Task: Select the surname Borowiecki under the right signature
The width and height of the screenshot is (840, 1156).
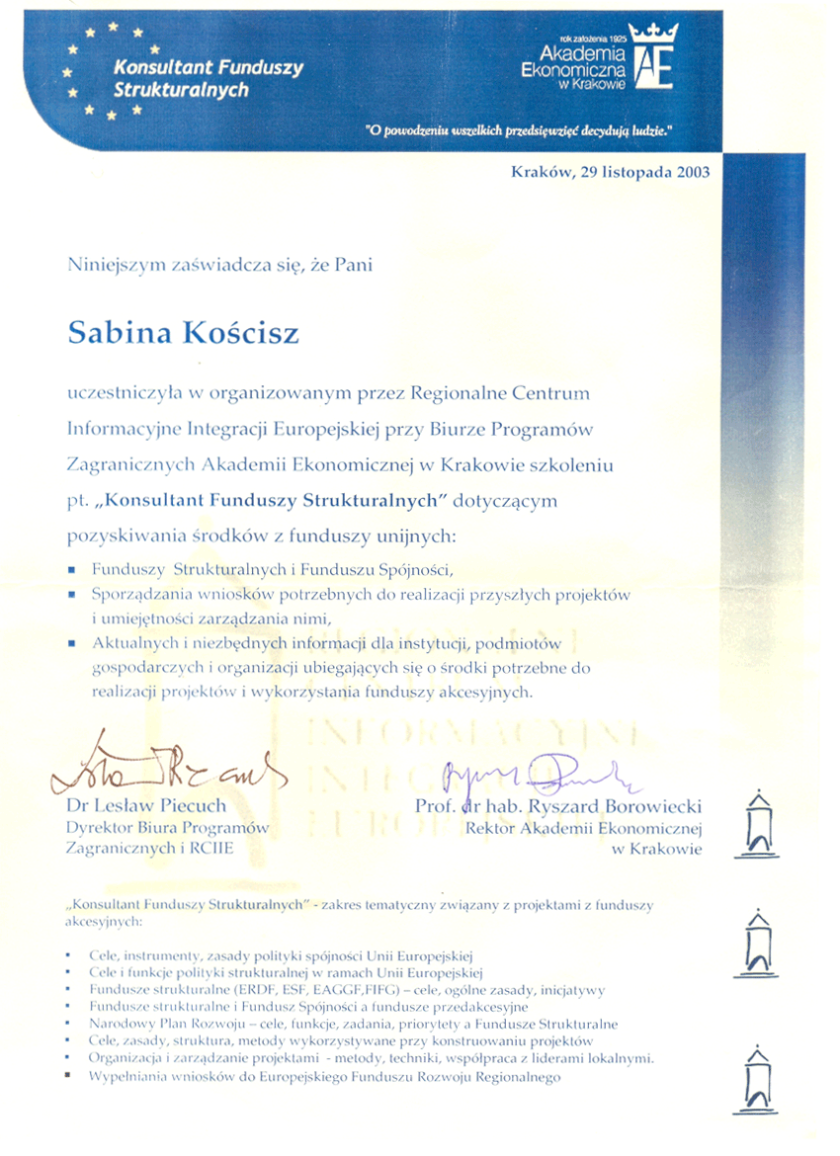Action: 649,807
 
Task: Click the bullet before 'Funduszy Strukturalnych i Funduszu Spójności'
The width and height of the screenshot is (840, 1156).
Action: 72,570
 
